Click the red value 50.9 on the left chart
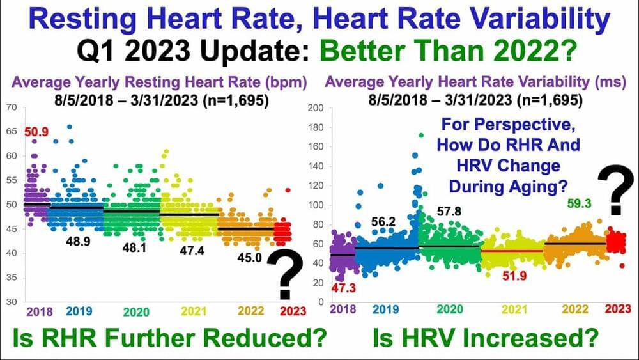(x=36, y=132)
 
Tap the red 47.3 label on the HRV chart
(x=344, y=288)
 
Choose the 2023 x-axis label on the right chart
(x=618, y=309)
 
